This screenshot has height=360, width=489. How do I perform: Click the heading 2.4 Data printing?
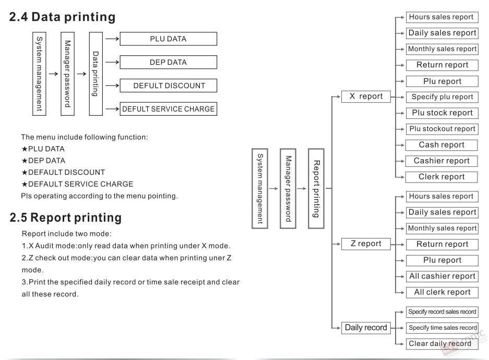[x=62, y=17]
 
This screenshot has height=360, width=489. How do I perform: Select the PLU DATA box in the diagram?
[x=169, y=39]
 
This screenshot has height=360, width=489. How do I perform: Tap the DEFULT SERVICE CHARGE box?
[x=169, y=109]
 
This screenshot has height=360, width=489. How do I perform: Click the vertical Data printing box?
[x=96, y=74]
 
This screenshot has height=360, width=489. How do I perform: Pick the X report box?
[x=366, y=97]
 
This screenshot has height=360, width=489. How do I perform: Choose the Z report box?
[x=366, y=244]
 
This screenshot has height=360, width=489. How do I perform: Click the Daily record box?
[x=366, y=328]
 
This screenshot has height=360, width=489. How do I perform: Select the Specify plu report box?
[x=442, y=97]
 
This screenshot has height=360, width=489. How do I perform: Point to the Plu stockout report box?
[x=442, y=129]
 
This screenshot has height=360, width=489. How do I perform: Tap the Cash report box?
[x=442, y=145]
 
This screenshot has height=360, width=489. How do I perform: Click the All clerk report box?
[x=442, y=292]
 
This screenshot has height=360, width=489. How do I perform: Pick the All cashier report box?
[x=442, y=276]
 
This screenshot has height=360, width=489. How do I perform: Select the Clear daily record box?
[x=442, y=344]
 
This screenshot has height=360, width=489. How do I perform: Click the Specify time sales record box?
[x=442, y=328]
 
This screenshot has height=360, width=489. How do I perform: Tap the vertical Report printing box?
[x=316, y=188]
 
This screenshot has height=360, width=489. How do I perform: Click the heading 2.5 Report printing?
[x=65, y=218]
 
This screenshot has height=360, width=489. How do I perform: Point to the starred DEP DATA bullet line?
[x=43, y=161]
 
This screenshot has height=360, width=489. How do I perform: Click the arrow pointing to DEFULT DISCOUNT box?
[x=112, y=86]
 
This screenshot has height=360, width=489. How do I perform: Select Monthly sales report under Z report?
[x=442, y=229]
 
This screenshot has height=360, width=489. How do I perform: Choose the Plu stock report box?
[x=442, y=113]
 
